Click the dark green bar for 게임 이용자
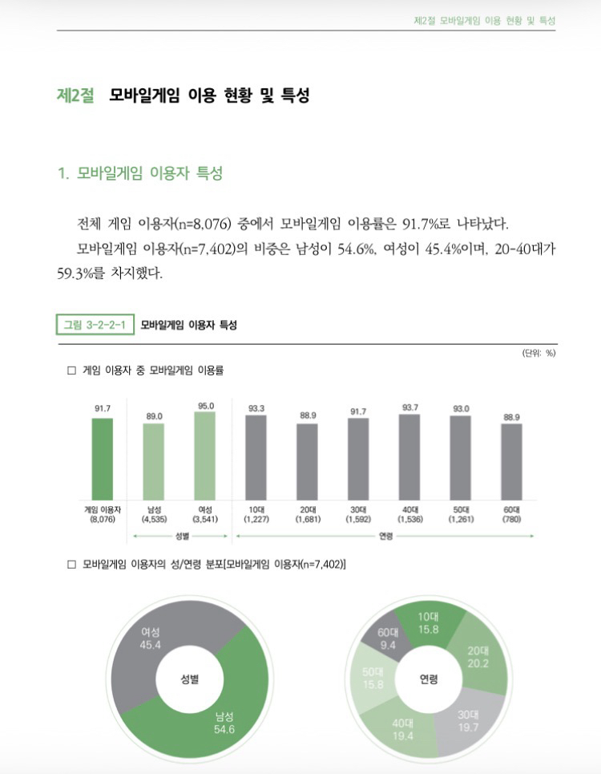pyautogui.click(x=102, y=459)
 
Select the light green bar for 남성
pyautogui.click(x=153, y=461)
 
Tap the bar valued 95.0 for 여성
pyautogui.click(x=204, y=456)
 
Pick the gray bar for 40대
pyautogui.click(x=409, y=457)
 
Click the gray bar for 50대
pyautogui.click(x=461, y=458)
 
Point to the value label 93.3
pyautogui.click(x=256, y=408)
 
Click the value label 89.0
pyautogui.click(x=154, y=416)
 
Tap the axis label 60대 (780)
pyautogui.click(x=511, y=514)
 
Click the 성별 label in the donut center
pyautogui.click(x=189, y=679)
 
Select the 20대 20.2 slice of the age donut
pyautogui.click(x=478, y=657)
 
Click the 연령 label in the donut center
pyautogui.click(x=429, y=679)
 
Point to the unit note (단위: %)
pyautogui.click(x=538, y=352)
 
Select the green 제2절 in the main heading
pyautogui.click(x=75, y=95)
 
